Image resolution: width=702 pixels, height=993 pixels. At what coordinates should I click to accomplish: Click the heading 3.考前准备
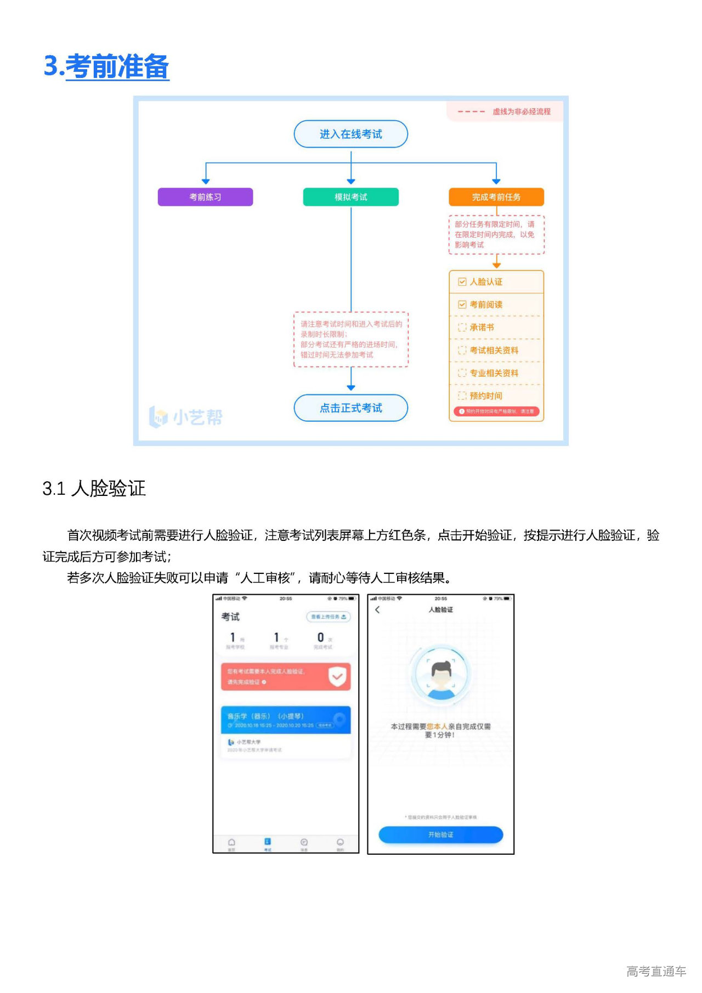pyautogui.click(x=106, y=66)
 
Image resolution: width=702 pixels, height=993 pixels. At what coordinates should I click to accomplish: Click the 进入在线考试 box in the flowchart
pyautogui.click(x=351, y=134)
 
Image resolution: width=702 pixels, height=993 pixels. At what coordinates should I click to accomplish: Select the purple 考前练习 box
pyautogui.click(x=205, y=197)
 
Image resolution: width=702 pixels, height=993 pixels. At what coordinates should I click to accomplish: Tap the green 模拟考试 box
pyautogui.click(x=351, y=197)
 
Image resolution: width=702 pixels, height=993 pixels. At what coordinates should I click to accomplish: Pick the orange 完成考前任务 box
pyautogui.click(x=496, y=197)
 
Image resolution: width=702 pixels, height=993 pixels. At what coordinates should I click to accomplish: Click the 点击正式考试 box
pyautogui.click(x=351, y=408)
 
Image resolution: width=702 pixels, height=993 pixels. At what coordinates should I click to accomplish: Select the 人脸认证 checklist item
pyautogui.click(x=485, y=282)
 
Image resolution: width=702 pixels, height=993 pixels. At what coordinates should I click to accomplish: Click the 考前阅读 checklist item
pyautogui.click(x=485, y=305)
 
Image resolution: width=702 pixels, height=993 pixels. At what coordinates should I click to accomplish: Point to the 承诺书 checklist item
pyautogui.click(x=481, y=328)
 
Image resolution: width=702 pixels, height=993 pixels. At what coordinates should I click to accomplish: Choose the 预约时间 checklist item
pyautogui.click(x=485, y=396)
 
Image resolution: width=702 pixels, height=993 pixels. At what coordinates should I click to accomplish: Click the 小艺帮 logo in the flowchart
pyautogui.click(x=186, y=417)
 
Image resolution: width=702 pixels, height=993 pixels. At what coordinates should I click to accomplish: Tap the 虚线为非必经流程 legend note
pyautogui.click(x=521, y=111)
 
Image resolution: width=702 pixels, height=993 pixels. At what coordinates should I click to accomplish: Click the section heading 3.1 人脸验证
pyautogui.click(x=94, y=488)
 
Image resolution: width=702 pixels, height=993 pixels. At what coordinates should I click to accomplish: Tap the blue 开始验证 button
pyautogui.click(x=440, y=835)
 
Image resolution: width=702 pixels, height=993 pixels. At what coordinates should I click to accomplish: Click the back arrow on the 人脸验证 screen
pyautogui.click(x=377, y=610)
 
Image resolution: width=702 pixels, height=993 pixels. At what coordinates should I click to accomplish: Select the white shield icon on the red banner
pyautogui.click(x=337, y=676)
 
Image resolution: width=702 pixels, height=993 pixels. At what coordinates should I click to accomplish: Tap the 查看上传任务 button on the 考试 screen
pyautogui.click(x=328, y=617)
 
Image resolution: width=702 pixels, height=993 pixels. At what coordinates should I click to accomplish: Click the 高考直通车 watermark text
pyautogui.click(x=656, y=972)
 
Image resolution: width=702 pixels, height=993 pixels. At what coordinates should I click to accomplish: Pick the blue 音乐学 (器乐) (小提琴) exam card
pyautogui.click(x=285, y=720)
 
